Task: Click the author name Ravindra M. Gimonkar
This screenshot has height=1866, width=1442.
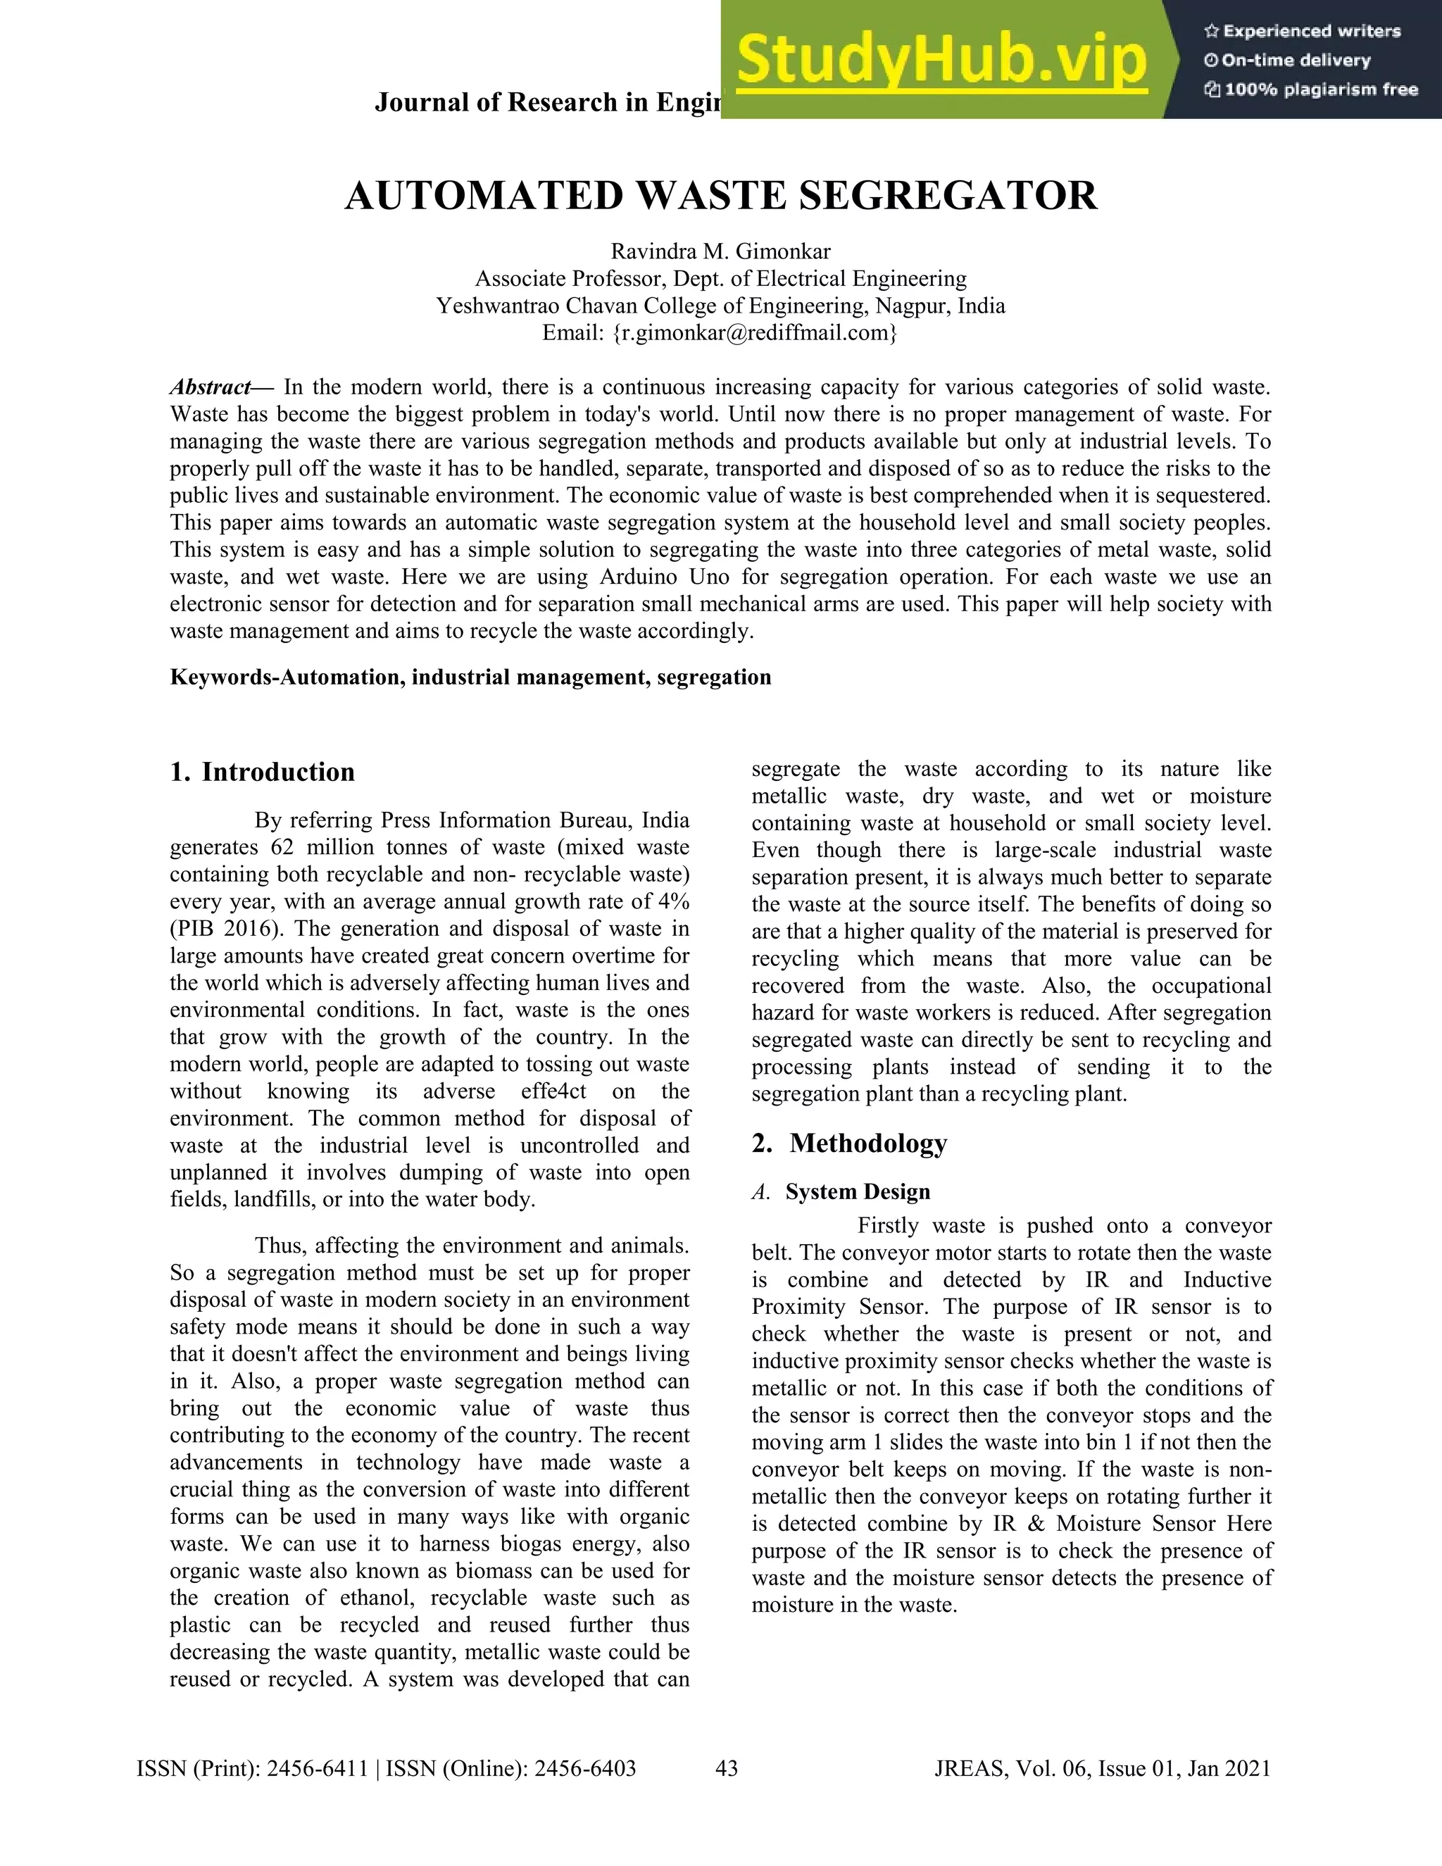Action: pos(720,251)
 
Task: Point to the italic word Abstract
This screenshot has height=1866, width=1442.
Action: pos(210,387)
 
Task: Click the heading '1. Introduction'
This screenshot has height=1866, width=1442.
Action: pos(262,772)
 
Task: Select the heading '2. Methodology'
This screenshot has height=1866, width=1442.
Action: pos(849,1142)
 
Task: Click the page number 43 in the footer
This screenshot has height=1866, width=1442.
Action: pos(726,1767)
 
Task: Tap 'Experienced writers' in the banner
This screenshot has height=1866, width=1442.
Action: pos(1311,32)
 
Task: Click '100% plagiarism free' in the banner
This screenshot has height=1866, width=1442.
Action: pos(1321,89)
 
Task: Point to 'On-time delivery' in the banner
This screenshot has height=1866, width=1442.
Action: pos(1296,61)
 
